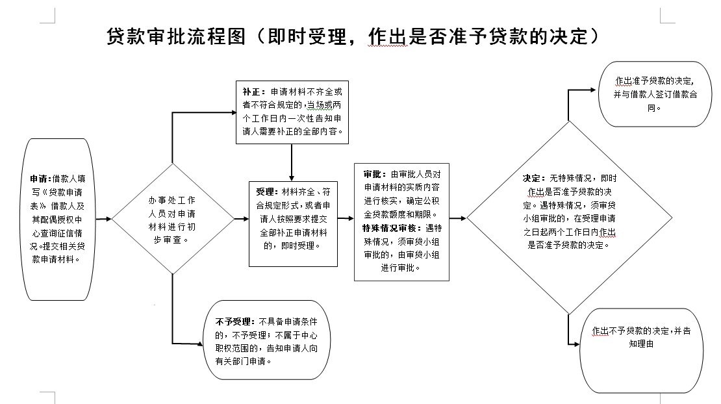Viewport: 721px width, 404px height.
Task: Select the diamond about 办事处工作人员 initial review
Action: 173,220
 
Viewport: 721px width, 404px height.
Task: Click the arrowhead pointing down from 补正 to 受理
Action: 292,177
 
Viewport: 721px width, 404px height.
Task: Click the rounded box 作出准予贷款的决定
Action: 653,95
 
